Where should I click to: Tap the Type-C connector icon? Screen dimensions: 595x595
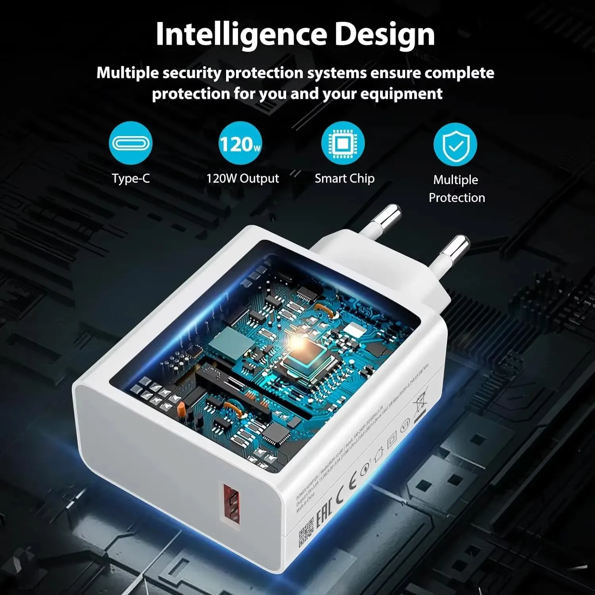click(x=131, y=143)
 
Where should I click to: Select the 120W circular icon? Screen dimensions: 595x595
click(x=240, y=143)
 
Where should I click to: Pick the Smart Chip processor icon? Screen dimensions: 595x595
click(x=343, y=143)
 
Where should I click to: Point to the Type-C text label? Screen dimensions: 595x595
click(x=131, y=178)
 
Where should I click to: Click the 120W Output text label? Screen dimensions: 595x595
click(x=242, y=178)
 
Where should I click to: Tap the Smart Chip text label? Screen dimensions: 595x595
click(x=344, y=178)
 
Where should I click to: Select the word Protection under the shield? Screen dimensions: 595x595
click(x=457, y=198)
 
